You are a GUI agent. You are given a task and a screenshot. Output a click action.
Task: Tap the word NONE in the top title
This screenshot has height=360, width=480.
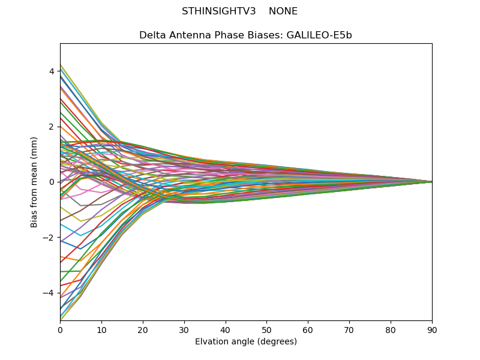tap(283, 11)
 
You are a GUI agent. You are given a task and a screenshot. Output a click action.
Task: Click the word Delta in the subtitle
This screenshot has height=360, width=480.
tap(152, 35)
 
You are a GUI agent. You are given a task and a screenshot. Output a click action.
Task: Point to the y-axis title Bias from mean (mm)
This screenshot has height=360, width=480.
tap(34, 182)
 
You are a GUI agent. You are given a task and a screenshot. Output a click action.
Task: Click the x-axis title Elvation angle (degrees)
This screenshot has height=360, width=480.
tap(246, 342)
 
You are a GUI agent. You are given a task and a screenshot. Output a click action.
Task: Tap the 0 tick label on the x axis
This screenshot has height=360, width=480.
tap(60, 329)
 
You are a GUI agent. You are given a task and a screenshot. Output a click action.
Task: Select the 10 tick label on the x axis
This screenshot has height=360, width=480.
tap(101, 329)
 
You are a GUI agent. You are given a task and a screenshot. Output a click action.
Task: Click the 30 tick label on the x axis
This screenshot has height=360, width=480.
tap(184, 329)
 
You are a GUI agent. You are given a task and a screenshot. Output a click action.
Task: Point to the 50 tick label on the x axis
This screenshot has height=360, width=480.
tap(266, 329)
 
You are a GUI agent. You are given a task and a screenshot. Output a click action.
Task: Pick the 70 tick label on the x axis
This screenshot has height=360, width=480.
tap(349, 329)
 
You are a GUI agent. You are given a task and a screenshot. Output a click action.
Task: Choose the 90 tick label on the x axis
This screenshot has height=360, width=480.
tap(432, 329)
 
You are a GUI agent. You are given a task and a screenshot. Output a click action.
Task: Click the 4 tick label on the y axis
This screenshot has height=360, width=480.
tap(52, 71)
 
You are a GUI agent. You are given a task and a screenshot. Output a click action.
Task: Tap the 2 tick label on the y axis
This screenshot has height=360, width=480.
tap(52, 127)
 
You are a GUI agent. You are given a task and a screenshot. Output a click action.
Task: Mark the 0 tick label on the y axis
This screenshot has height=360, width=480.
tap(52, 182)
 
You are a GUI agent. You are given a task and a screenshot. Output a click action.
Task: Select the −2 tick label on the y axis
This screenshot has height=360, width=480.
tap(49, 238)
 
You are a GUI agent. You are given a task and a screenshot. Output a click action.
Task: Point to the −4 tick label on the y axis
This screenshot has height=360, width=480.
tap(49, 293)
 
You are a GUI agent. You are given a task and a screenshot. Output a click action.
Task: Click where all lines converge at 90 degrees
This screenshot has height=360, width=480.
tap(431, 182)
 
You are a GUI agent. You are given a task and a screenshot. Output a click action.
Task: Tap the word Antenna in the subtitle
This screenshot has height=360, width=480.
tap(188, 35)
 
